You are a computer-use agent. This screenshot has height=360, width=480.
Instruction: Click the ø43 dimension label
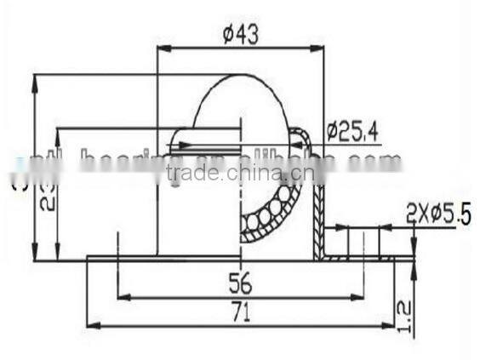point(240,34)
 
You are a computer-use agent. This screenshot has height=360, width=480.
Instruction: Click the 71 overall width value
point(240,314)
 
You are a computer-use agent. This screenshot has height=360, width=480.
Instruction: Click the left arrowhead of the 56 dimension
point(120,297)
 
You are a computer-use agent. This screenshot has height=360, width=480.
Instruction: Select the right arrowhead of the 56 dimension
point(361,297)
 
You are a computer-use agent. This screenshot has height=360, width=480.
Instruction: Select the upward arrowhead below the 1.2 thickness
point(412,266)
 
